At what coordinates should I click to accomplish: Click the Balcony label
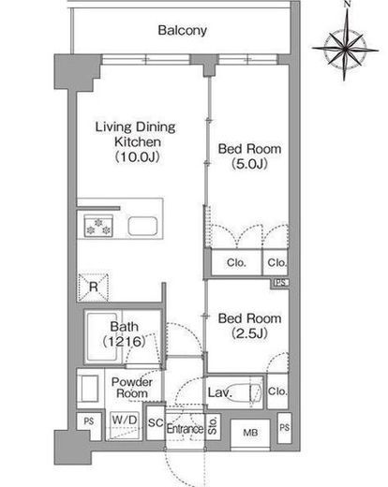pyautogui.click(x=183, y=30)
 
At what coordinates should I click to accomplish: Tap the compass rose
pyautogui.click(x=345, y=49)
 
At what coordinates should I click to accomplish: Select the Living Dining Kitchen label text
pyautogui.click(x=136, y=141)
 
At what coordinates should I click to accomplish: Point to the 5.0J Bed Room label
pyautogui.click(x=249, y=155)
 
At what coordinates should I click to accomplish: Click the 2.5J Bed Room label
pyautogui.click(x=249, y=326)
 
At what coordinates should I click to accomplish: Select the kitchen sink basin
pyautogui.click(x=142, y=227)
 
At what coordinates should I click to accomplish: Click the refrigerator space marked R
pyautogui.click(x=93, y=287)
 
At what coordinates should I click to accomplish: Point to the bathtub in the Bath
pyautogui.click(x=102, y=337)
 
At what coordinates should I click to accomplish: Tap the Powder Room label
pyautogui.click(x=132, y=388)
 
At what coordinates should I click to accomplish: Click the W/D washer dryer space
pyautogui.click(x=125, y=424)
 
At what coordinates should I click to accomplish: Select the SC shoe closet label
pyautogui.click(x=156, y=422)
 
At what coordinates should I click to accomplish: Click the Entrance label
pyautogui.click(x=185, y=428)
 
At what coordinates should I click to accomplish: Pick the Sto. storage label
pyautogui.click(x=213, y=427)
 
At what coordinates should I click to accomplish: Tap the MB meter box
pyautogui.click(x=250, y=433)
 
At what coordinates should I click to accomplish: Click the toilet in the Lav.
pyautogui.click(x=255, y=392)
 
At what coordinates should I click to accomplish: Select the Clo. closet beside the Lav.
pyautogui.click(x=277, y=391)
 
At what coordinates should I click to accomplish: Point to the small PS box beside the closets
pyautogui.click(x=280, y=283)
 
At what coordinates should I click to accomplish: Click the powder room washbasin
pyautogui.click(x=90, y=389)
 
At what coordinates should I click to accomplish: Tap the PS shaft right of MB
pyautogui.click(x=284, y=428)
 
